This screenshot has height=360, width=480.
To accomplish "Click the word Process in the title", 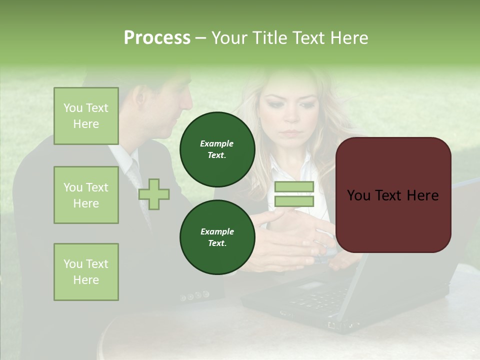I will click(x=157, y=38).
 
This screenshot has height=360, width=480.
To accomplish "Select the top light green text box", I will click(x=86, y=116).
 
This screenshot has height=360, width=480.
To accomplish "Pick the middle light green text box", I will click(x=86, y=195).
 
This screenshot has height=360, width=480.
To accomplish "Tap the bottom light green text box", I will click(x=86, y=272).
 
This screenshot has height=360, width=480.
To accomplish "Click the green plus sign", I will click(x=154, y=194).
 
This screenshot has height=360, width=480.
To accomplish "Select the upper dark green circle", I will click(x=217, y=149).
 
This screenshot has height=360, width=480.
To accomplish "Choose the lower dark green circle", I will click(x=217, y=237).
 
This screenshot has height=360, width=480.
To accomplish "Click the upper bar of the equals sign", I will click(x=294, y=186).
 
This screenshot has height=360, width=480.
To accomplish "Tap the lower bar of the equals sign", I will click(x=294, y=201).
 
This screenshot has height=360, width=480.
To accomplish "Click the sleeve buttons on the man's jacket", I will click(x=195, y=296).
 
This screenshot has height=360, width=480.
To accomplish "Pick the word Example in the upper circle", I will click(x=217, y=143).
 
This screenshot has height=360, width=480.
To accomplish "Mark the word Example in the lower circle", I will click(x=217, y=231).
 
